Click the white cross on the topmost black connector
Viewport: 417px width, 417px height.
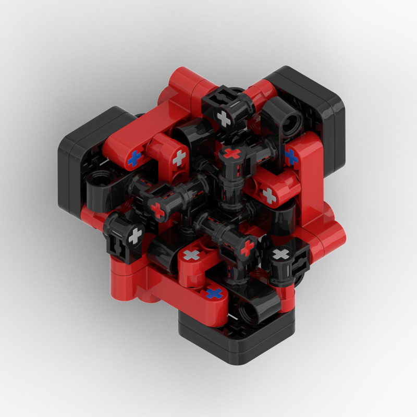point(224,118)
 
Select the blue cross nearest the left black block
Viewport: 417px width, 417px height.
point(135,158)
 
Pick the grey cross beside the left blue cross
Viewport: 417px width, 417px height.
point(179,157)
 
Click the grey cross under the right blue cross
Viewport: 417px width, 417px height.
point(269,195)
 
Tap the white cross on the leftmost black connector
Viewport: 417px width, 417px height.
point(134,236)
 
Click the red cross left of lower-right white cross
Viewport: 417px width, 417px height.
point(247,248)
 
